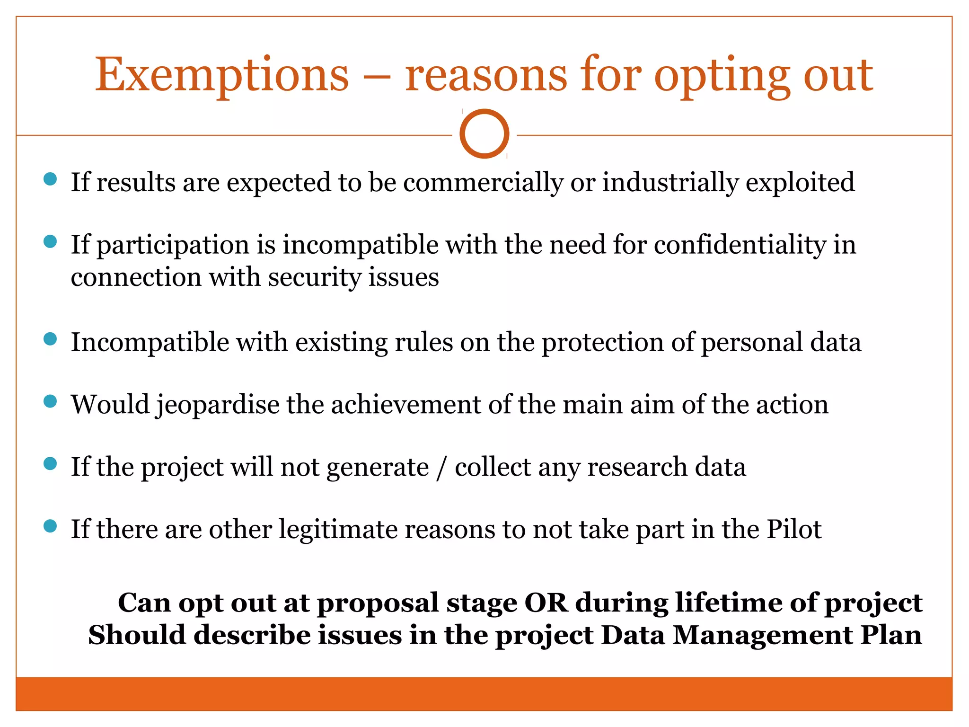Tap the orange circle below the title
tap(484, 134)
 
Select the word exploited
tap(800, 183)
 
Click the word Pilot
tap(794, 530)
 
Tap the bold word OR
tap(546, 603)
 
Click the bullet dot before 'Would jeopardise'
tap(50, 401)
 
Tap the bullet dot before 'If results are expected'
tap(50, 179)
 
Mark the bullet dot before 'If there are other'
tap(50, 526)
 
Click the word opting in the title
tap(722, 76)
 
